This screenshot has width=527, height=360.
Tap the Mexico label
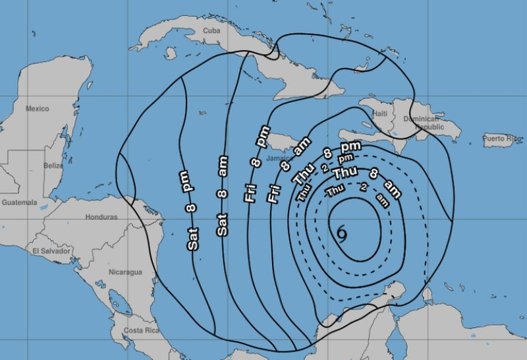tap(38, 108)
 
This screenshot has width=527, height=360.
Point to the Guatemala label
tap(18, 202)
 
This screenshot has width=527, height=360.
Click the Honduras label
tap(101, 216)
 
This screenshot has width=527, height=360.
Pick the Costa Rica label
tap(138, 330)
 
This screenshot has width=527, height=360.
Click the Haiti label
tap(380, 113)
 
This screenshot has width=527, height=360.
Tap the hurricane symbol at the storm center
tap(341, 232)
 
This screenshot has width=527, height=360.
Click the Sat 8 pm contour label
tap(192, 210)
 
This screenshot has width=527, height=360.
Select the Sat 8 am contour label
tap(223, 196)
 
